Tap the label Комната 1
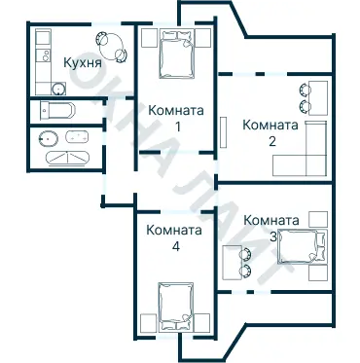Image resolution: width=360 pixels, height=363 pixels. [x=176, y=119]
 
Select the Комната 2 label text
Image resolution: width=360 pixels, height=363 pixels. [x=270, y=132]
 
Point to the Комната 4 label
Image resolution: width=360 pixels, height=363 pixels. [x=174, y=238]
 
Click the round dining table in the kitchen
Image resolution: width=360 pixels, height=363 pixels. [x=109, y=46]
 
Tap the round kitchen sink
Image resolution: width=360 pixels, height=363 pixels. [x=43, y=40]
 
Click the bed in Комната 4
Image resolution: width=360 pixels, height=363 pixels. [x=175, y=309]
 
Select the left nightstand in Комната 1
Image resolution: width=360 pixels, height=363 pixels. [x=147, y=38]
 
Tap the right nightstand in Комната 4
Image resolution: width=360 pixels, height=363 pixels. [x=203, y=322]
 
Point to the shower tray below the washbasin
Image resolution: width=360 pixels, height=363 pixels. [x=65, y=157]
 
